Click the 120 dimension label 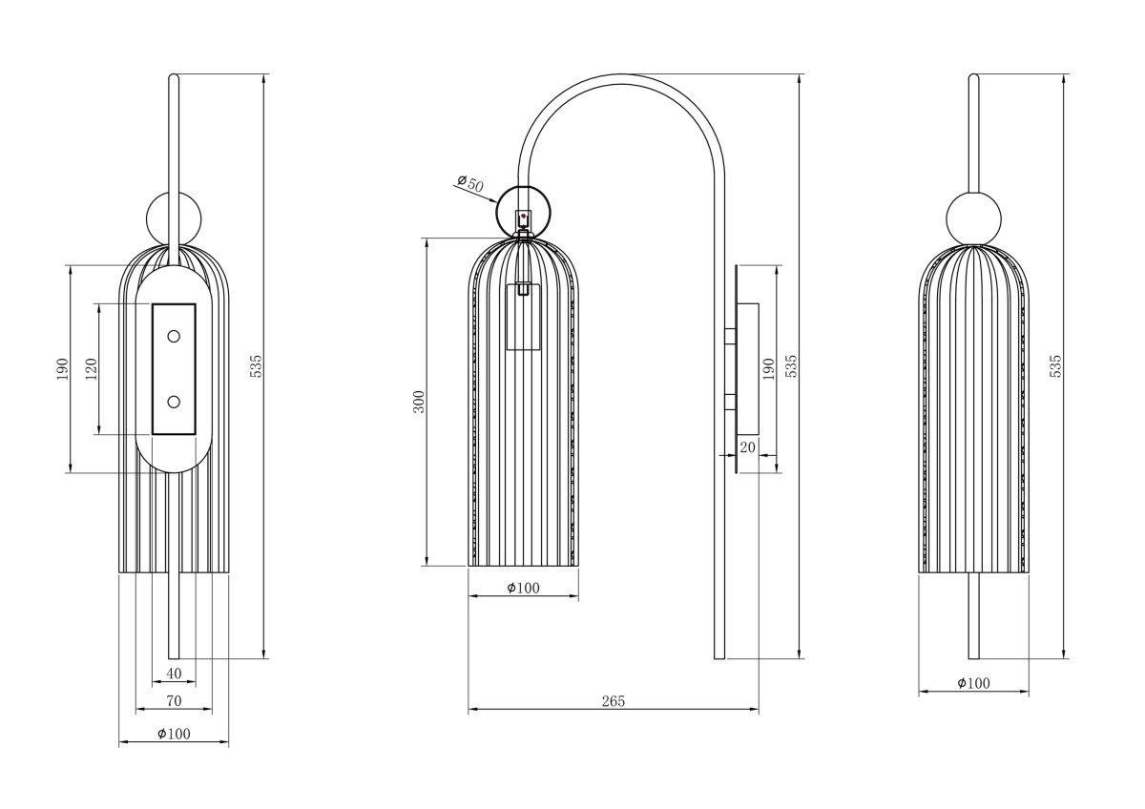92,369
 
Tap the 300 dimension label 419,401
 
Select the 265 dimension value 614,701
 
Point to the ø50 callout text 470,182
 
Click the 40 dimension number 174,674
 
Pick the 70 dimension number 174,701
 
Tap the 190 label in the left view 63,369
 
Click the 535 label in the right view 1055,365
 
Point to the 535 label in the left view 255,365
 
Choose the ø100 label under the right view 973,683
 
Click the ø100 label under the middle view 523,588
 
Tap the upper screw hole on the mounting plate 174,336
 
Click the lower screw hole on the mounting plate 174,402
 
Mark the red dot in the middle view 524,218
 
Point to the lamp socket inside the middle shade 523,317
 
